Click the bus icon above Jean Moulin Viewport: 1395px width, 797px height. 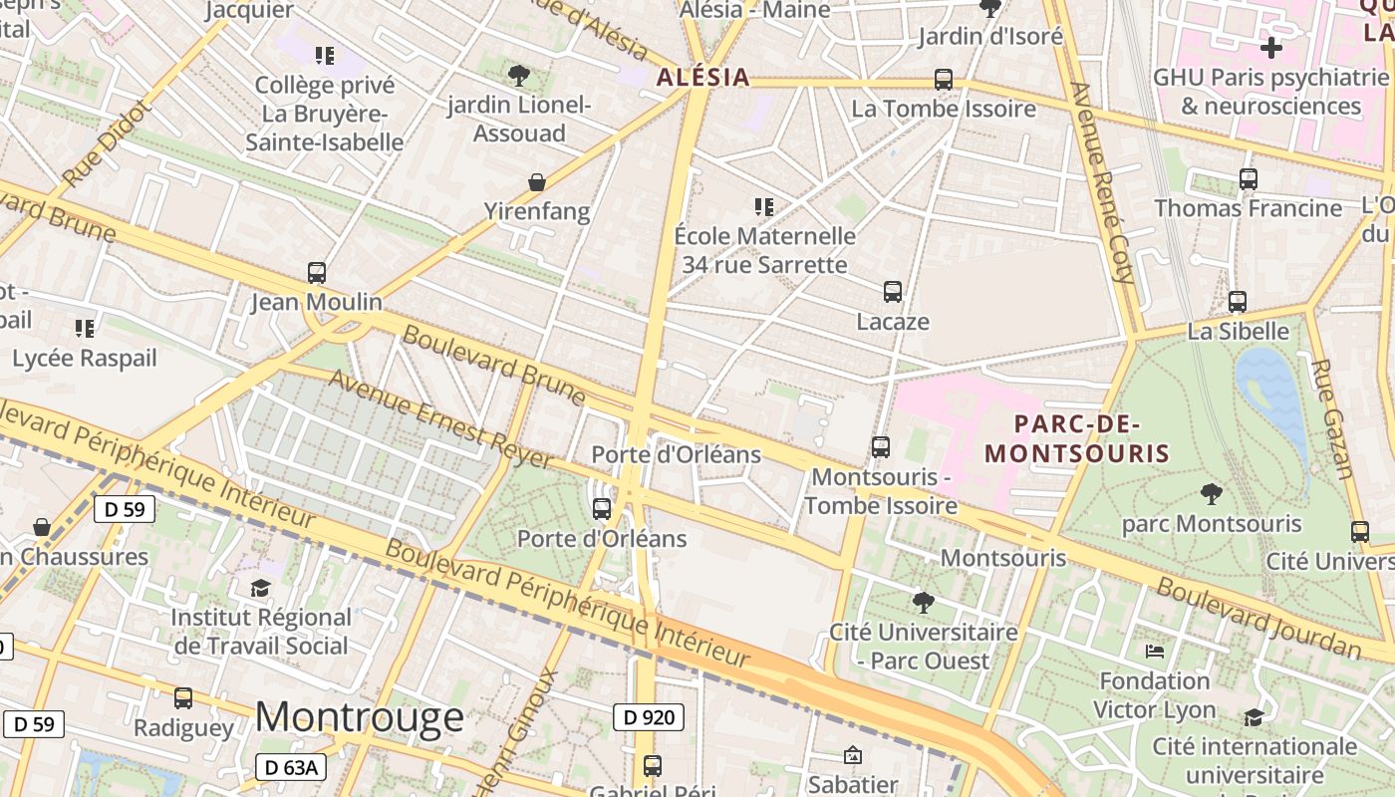coord(317,272)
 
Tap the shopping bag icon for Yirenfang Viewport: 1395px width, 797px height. coord(537,182)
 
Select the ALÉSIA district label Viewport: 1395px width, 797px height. coord(702,78)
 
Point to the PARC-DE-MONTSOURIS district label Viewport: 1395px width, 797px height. coord(1076,438)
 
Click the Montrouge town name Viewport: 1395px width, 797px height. coord(360,717)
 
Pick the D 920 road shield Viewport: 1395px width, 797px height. coord(648,716)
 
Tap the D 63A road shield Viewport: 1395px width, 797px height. coord(291,767)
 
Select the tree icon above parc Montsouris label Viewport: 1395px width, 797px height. coord(1212,493)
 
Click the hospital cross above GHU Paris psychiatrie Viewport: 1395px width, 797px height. coord(1271,47)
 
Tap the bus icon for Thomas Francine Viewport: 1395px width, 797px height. coord(1249,179)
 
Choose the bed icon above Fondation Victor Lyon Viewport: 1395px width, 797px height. coord(1155,652)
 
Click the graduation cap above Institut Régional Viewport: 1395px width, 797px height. coord(261,588)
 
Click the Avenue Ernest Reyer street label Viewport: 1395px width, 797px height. coord(440,419)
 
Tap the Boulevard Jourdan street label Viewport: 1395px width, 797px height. coord(1258,619)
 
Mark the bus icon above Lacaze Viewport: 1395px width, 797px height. coord(893,292)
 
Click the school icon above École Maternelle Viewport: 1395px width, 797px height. coord(764,207)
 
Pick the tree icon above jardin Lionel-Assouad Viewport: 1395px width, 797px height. coord(518,75)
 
